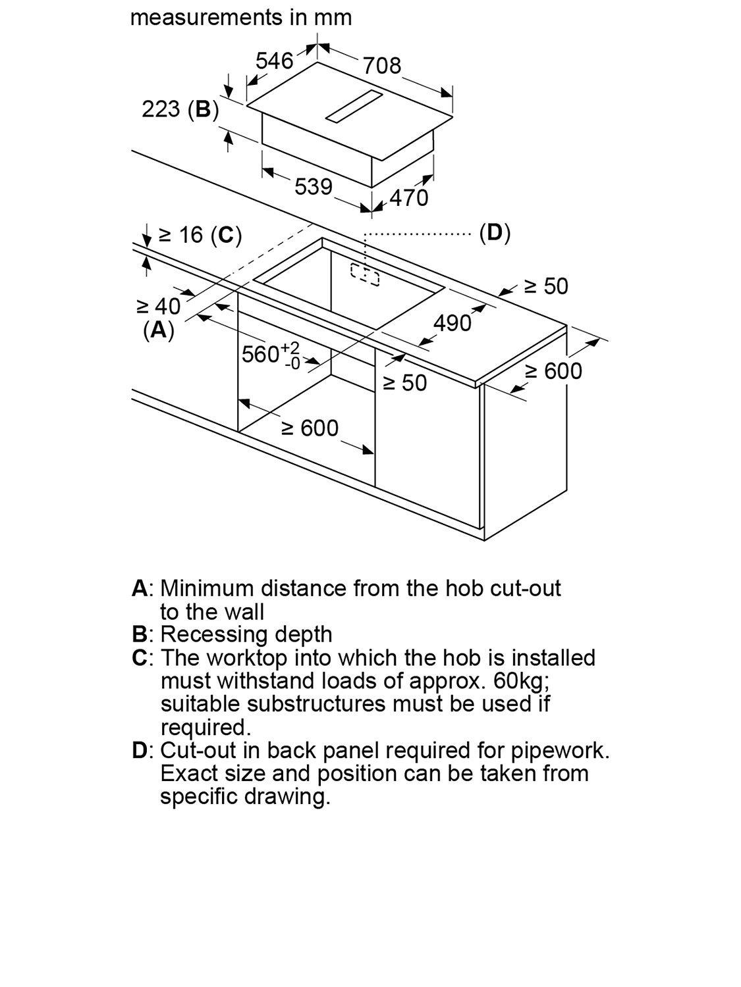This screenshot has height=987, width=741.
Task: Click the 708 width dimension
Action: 381,65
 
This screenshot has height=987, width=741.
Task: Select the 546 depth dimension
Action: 274,61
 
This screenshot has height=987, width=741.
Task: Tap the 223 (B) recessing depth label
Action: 180,109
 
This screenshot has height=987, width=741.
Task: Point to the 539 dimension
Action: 313,187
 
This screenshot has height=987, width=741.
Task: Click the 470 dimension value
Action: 409,197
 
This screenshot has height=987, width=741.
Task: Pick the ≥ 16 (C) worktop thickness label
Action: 200,235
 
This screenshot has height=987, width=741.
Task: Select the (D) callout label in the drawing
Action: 495,232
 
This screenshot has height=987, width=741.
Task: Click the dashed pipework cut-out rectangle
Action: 365,275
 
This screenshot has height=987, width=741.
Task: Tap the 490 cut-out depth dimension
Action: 453,323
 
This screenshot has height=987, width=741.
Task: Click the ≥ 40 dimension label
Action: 158,306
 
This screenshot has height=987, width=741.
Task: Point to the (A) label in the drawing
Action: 159,330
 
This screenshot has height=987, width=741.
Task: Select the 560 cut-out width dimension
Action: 270,354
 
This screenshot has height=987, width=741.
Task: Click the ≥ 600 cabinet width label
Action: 310,428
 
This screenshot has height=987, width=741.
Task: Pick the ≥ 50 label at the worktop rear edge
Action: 545,286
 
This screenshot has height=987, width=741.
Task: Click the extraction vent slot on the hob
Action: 354,107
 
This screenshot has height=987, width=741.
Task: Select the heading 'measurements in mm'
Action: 241,17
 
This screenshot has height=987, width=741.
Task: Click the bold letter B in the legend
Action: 140,634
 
